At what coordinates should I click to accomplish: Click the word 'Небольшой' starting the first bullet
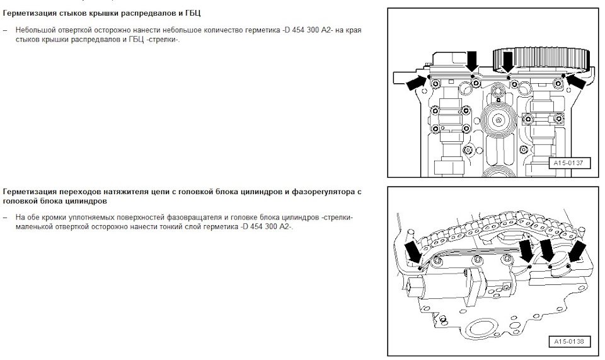(34, 30)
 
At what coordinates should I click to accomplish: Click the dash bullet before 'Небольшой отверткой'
(5, 30)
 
